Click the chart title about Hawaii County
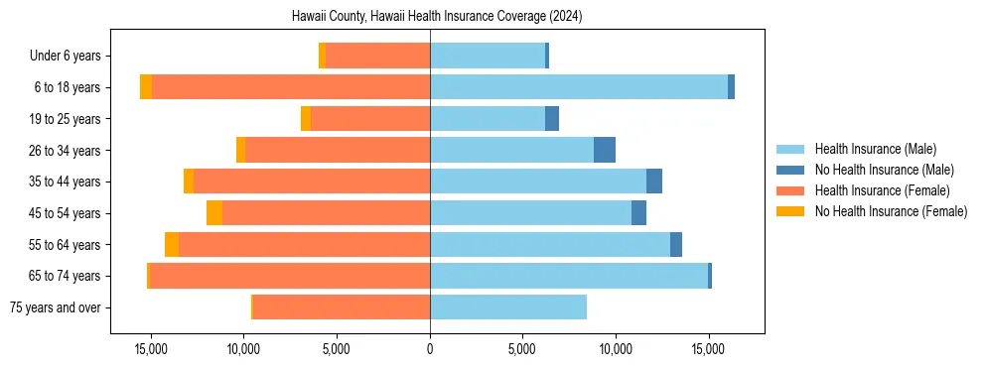436,17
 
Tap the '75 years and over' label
55,307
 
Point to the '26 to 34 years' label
66,150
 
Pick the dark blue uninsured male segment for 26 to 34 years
605,150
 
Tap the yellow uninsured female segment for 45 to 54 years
214,213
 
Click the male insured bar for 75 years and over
507,307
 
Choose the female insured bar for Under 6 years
377,56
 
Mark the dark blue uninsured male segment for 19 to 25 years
552,119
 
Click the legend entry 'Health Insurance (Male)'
875,149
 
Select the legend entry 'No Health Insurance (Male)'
884,170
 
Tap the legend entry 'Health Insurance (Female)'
882,190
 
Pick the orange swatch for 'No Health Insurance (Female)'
791,211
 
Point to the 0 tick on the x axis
430,349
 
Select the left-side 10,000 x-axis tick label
243,349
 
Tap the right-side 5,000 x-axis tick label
522,349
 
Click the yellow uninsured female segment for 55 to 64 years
172,245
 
